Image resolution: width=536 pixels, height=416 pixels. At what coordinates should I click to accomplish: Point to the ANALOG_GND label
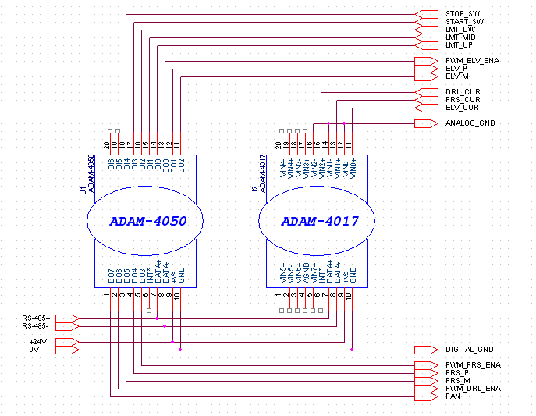coord(470,123)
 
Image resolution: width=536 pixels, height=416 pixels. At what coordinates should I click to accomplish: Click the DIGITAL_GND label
coord(470,350)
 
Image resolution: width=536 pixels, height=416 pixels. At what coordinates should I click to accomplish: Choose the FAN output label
coord(453,396)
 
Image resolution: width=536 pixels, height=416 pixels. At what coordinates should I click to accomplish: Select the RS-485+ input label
coord(36,318)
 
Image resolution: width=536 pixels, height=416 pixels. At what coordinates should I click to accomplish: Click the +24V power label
coord(37,342)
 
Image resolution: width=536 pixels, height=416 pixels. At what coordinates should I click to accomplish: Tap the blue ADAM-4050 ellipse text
coord(148,221)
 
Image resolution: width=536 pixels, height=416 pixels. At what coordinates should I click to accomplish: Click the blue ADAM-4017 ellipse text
coord(320,221)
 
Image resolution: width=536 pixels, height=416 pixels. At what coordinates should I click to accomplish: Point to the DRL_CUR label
coord(462,92)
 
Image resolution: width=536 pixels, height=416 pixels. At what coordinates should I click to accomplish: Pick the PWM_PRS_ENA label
coord(473,365)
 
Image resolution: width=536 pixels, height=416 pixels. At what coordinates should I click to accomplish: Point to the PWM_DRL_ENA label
coord(473,389)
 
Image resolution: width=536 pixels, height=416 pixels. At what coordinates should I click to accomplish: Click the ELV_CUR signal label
coord(462,108)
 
